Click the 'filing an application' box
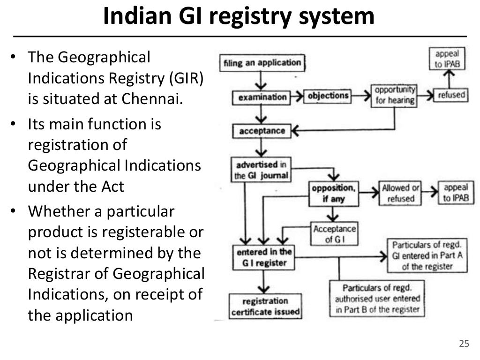262,63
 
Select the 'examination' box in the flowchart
262,97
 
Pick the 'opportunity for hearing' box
395,95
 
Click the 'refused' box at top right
451,95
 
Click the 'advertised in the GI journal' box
261,171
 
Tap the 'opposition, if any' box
333,193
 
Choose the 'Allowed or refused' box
400,193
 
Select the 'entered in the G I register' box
264,257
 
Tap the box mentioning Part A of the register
427,256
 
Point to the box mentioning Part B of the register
377,299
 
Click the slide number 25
464,344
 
